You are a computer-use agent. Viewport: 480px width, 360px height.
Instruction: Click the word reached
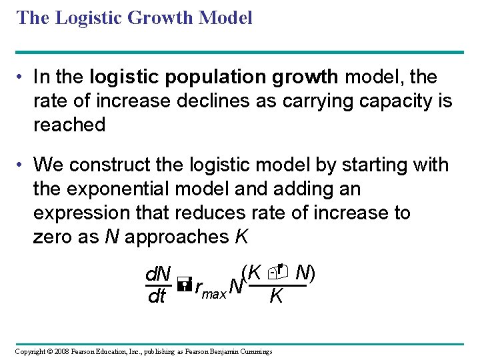click(x=69, y=125)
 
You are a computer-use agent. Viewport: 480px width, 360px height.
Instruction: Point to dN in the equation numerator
click(x=158, y=274)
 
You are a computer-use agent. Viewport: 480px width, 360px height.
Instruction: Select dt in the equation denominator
click(x=156, y=297)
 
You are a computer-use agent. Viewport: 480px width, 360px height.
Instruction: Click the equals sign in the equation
click(x=185, y=286)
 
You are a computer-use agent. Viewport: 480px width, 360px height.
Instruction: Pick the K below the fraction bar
click(x=276, y=297)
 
